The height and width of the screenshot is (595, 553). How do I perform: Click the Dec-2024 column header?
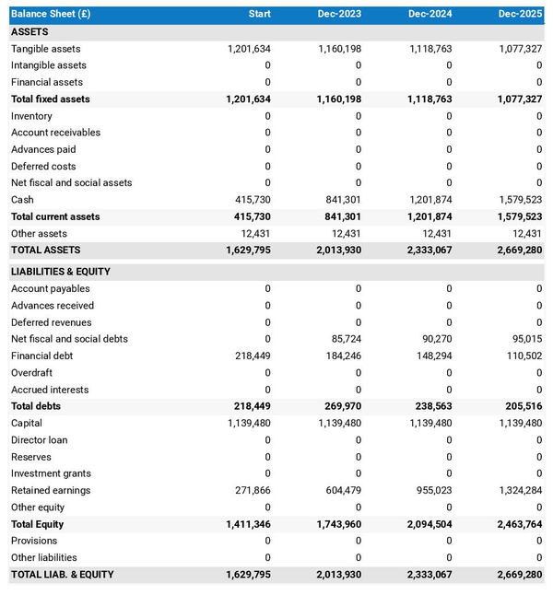[x=429, y=15]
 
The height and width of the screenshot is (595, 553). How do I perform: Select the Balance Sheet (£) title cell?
[x=51, y=15]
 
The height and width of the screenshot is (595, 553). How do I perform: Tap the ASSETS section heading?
[x=29, y=31]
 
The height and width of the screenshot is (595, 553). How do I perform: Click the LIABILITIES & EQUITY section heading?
[x=61, y=272]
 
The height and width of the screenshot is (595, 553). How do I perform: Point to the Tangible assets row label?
[x=45, y=49]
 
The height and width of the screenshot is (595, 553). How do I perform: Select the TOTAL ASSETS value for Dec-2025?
[x=520, y=250]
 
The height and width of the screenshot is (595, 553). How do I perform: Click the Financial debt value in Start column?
[x=250, y=356]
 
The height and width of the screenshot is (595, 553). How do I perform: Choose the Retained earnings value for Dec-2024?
[x=430, y=490]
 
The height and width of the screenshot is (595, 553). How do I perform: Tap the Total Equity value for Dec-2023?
[x=339, y=524]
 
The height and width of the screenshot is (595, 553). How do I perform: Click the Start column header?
[x=260, y=15]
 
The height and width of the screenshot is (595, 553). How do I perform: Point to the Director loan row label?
[x=40, y=440]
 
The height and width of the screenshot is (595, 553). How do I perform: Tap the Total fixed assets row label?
[x=51, y=99]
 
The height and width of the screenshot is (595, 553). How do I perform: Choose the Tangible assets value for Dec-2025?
[x=520, y=49]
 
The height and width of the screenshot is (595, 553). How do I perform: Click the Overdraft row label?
[x=31, y=373]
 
